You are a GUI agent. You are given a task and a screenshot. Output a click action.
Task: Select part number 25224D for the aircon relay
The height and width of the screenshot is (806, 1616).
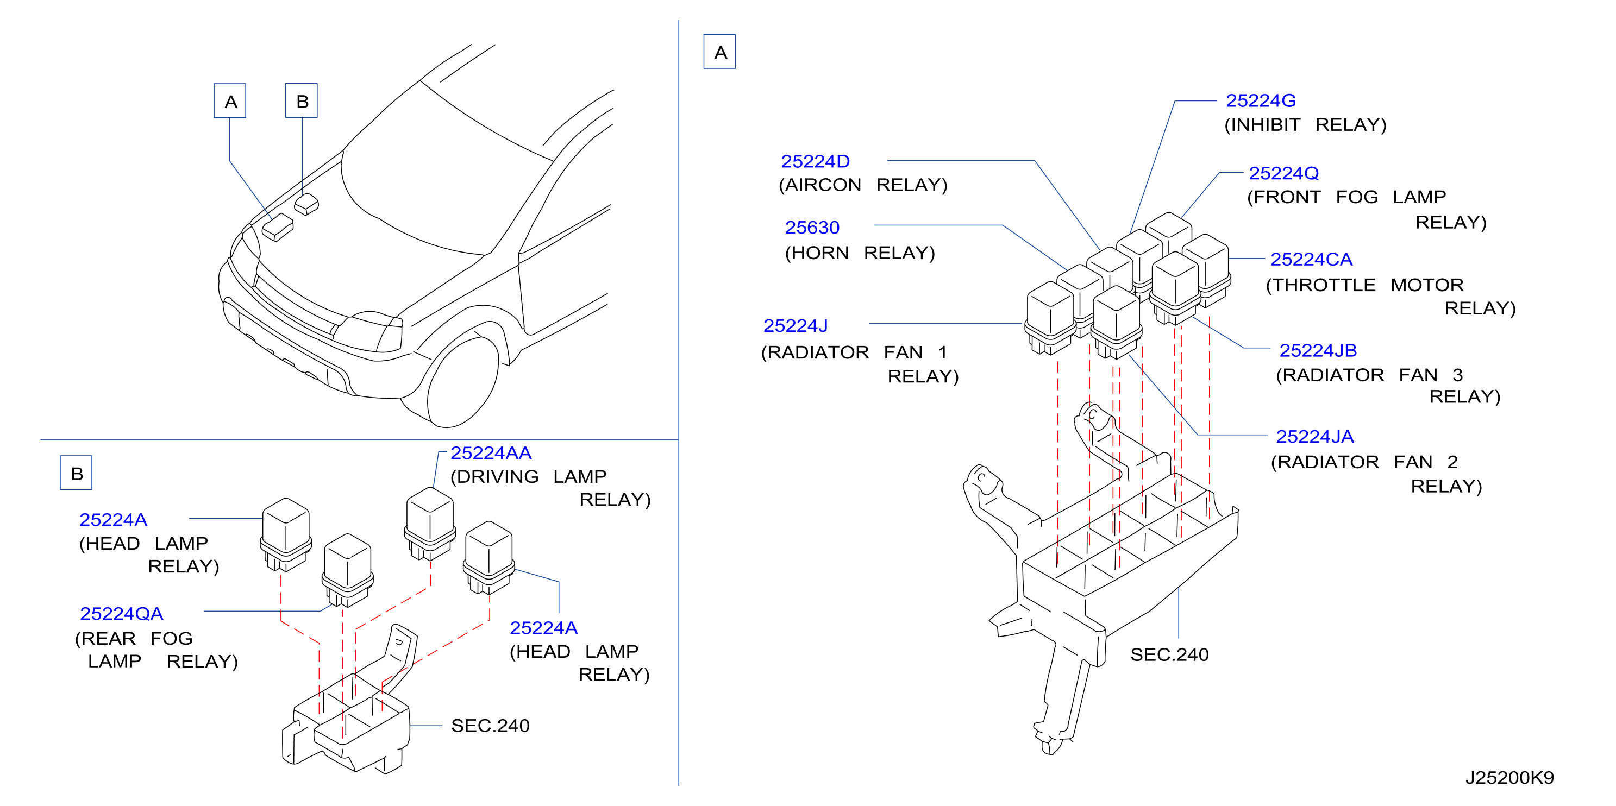point(815,161)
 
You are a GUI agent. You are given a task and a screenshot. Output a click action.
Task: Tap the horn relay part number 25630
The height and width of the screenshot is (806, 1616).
point(812,227)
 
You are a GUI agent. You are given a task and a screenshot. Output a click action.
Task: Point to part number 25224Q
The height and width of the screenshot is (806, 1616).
point(1283,173)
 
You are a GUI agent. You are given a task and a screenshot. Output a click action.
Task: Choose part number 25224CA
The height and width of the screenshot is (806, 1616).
point(1311,259)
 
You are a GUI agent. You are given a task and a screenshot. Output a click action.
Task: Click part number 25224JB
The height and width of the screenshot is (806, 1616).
point(1318,350)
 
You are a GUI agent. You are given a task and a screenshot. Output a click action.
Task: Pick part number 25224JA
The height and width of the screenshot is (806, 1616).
point(1314,436)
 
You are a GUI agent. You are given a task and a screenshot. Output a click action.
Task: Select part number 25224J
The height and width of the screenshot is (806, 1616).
point(795,325)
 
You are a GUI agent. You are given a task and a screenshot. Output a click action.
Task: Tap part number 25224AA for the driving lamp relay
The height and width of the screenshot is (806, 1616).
point(491,453)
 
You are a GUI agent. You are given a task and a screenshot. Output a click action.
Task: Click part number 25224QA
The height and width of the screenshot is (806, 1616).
point(121,613)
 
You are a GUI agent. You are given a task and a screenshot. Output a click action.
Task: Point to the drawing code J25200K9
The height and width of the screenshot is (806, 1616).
point(1509,778)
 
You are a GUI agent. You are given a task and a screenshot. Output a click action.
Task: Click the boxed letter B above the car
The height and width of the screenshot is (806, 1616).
point(302,100)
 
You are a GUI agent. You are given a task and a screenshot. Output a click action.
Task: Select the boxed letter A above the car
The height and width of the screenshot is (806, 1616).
point(230,100)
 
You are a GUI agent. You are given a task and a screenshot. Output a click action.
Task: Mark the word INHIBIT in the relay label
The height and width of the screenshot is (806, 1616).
point(1262,125)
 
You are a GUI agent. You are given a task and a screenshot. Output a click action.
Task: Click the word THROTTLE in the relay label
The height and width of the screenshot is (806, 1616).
point(1320,285)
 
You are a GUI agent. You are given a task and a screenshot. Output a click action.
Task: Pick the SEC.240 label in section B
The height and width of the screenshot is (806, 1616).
point(490,726)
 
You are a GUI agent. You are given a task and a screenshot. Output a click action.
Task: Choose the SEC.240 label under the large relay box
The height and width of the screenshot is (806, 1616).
point(1169,655)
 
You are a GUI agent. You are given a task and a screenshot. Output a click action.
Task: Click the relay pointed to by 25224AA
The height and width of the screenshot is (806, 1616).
point(430,524)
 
